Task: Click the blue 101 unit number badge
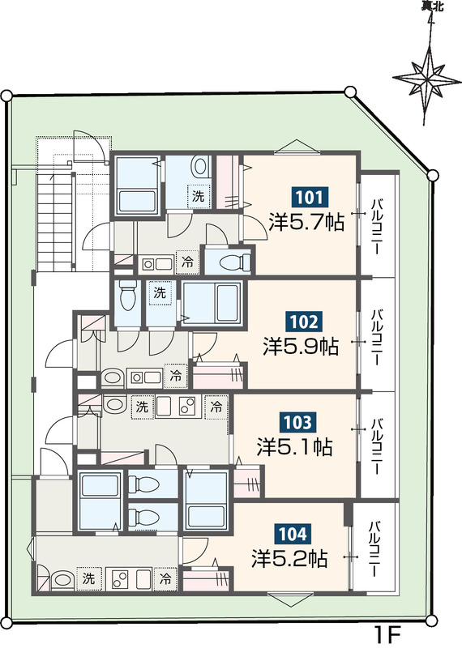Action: point(310,197)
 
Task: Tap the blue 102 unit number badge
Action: point(304,321)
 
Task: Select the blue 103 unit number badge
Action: point(297,422)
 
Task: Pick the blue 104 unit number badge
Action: point(293,534)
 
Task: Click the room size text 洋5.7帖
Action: point(306,222)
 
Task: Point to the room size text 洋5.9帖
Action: point(301,347)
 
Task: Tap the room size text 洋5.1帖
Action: point(294,447)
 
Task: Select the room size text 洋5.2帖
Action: point(289,559)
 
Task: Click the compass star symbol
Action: point(427,78)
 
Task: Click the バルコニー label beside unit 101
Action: point(377,227)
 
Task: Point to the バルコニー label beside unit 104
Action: point(375,549)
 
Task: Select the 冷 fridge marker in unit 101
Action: point(187,262)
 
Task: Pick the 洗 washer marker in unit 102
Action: point(160,293)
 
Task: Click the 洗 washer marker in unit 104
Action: point(88,578)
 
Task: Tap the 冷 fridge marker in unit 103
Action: point(216,407)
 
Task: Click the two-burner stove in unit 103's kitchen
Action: point(187,407)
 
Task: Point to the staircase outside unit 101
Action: point(55,222)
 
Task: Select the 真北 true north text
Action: point(432,6)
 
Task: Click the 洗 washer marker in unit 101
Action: point(199,196)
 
